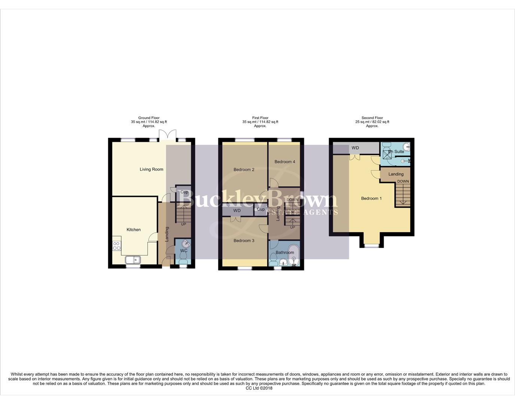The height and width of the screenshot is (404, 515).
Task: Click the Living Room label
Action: pyautogui.click(x=151, y=169)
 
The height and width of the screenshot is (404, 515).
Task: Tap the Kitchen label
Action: pyautogui.click(x=134, y=230)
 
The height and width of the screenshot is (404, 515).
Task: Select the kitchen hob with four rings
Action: pyautogui.click(x=117, y=246)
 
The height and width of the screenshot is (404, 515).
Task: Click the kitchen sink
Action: pyautogui.click(x=132, y=260)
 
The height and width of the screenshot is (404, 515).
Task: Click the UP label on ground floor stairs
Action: pyautogui.click(x=183, y=224)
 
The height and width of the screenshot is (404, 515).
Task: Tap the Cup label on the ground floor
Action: pyautogui.click(x=184, y=192)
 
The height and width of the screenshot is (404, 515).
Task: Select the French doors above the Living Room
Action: pyautogui.click(x=167, y=135)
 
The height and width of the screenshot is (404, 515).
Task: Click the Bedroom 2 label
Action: pyautogui.click(x=244, y=169)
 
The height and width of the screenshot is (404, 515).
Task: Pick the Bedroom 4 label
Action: pyautogui.click(x=285, y=162)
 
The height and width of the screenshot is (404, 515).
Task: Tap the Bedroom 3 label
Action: pyautogui.click(x=244, y=241)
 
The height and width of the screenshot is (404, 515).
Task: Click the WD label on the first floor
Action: pyautogui.click(x=237, y=211)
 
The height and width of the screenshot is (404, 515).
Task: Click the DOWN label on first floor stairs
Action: pyautogui.click(x=292, y=200)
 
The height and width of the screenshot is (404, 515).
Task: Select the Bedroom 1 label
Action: pyautogui.click(x=371, y=198)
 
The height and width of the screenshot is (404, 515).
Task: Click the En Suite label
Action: pyautogui.click(x=396, y=151)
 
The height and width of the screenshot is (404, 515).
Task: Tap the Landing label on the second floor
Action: pyautogui.click(x=396, y=174)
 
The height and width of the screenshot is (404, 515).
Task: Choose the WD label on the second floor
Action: pyautogui.click(x=355, y=148)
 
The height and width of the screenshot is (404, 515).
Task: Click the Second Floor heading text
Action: pyautogui.click(x=372, y=118)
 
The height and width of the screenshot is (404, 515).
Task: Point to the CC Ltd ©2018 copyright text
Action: pyautogui.click(x=259, y=388)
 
